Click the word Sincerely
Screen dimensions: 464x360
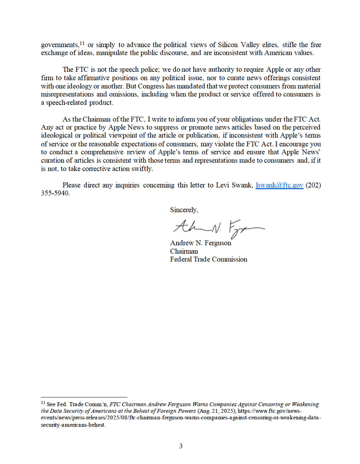click(184, 210)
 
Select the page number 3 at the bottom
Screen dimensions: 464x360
click(181, 446)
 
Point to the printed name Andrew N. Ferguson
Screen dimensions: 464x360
click(200, 243)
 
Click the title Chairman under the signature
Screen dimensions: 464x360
click(184, 251)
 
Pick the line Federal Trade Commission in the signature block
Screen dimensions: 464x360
click(208, 259)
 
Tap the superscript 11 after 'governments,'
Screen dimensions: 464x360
click(82, 43)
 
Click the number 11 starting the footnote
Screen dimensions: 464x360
click(43, 402)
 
